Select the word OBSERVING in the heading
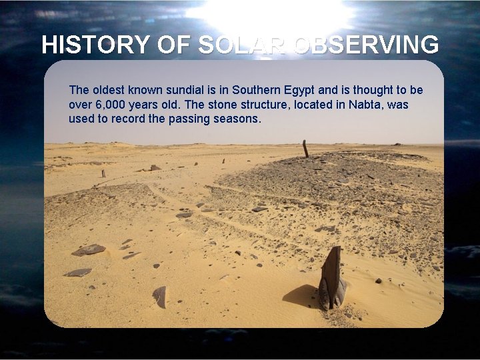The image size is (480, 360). pos(365,45)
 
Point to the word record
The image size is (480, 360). pos(147,119)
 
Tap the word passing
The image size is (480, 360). pos(196,119)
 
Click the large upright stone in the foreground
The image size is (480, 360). pos(331,277)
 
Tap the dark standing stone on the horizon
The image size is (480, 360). pos(305,149)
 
